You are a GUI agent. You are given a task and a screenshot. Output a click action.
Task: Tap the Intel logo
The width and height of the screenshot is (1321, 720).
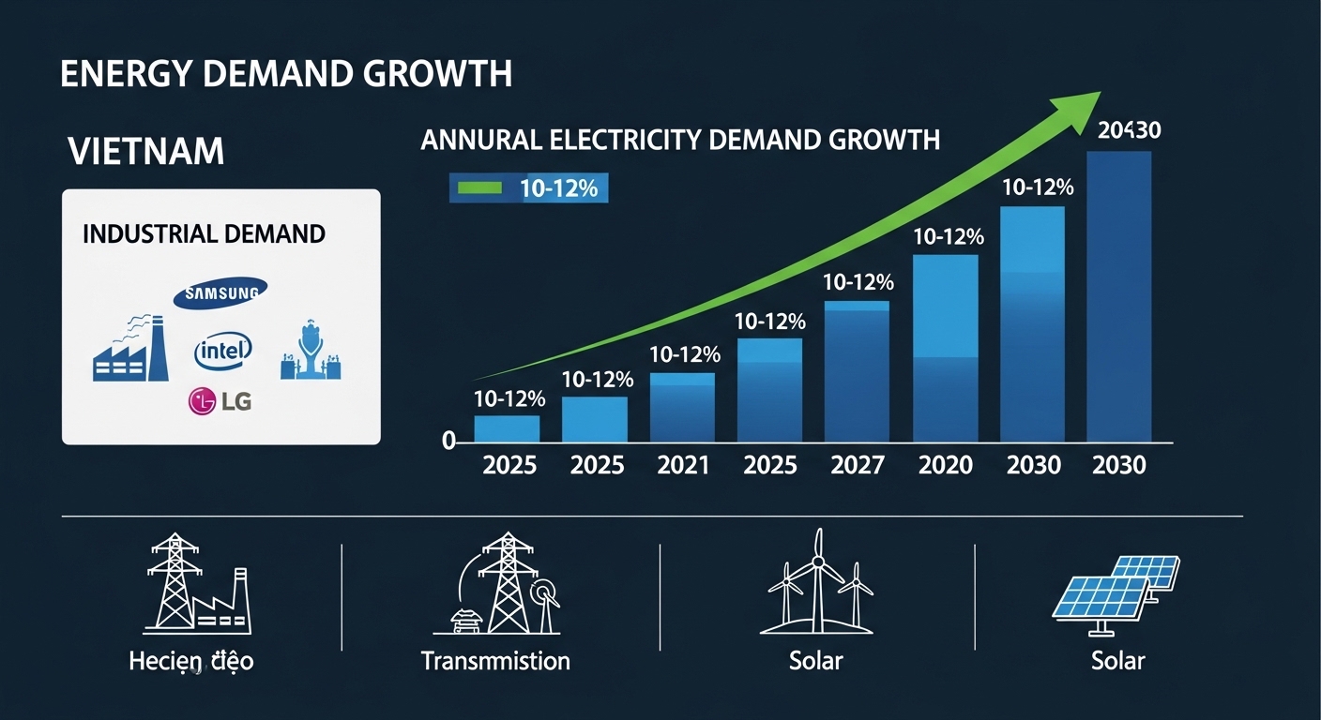click(223, 352)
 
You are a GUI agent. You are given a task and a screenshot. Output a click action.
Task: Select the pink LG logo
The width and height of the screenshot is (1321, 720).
click(221, 401)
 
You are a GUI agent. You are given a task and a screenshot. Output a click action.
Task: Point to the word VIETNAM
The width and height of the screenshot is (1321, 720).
click(146, 151)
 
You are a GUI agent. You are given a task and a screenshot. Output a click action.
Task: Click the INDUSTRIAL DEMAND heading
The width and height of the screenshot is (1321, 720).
click(204, 233)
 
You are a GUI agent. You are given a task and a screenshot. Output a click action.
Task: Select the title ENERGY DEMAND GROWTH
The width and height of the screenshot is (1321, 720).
click(286, 74)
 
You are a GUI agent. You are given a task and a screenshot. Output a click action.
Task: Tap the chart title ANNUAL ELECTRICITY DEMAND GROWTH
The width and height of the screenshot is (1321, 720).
click(680, 141)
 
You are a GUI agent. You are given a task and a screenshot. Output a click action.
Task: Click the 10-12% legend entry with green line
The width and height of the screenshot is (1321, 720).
click(528, 188)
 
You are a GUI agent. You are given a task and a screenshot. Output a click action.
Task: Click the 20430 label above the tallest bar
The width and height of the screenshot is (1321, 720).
click(1129, 131)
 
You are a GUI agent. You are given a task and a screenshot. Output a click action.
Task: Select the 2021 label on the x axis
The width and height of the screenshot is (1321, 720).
click(683, 465)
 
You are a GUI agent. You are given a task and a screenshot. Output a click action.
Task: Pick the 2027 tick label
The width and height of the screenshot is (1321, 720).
click(857, 465)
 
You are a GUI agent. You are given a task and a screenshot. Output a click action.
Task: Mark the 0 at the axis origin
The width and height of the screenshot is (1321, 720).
click(448, 441)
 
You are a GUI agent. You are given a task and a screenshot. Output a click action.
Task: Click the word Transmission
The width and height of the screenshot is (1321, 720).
click(495, 660)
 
